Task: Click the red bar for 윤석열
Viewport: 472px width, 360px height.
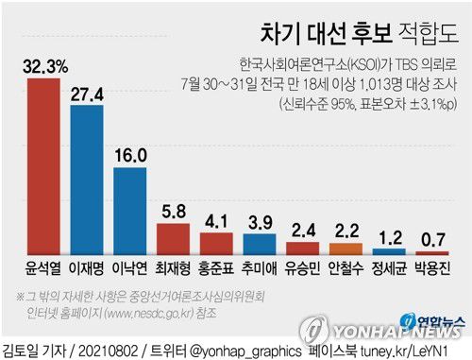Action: pyautogui.click(x=44, y=166)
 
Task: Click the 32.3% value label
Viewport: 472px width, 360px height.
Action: pyautogui.click(x=44, y=65)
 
